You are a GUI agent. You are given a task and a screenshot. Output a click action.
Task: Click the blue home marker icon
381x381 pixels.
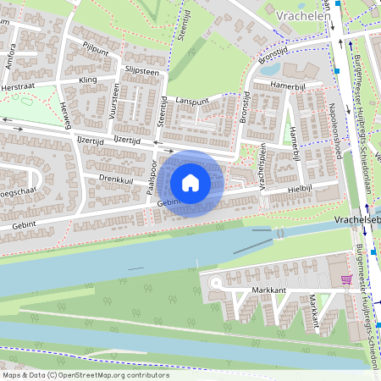point(190,182)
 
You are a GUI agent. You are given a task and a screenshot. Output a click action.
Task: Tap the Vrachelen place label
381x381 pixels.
point(302,14)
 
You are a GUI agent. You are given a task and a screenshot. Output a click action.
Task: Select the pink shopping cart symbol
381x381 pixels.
point(345,279)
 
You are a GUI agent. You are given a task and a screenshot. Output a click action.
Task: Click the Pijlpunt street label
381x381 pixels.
point(96,49)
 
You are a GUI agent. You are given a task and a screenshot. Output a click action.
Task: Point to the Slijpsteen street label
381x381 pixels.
point(141,71)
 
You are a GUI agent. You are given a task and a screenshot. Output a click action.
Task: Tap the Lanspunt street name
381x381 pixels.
point(192,100)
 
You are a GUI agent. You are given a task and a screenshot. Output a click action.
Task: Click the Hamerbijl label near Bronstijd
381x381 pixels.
point(286,86)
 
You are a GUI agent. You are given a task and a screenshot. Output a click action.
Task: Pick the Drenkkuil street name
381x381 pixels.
point(116,179)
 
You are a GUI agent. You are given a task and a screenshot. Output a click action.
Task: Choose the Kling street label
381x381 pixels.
point(88,79)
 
